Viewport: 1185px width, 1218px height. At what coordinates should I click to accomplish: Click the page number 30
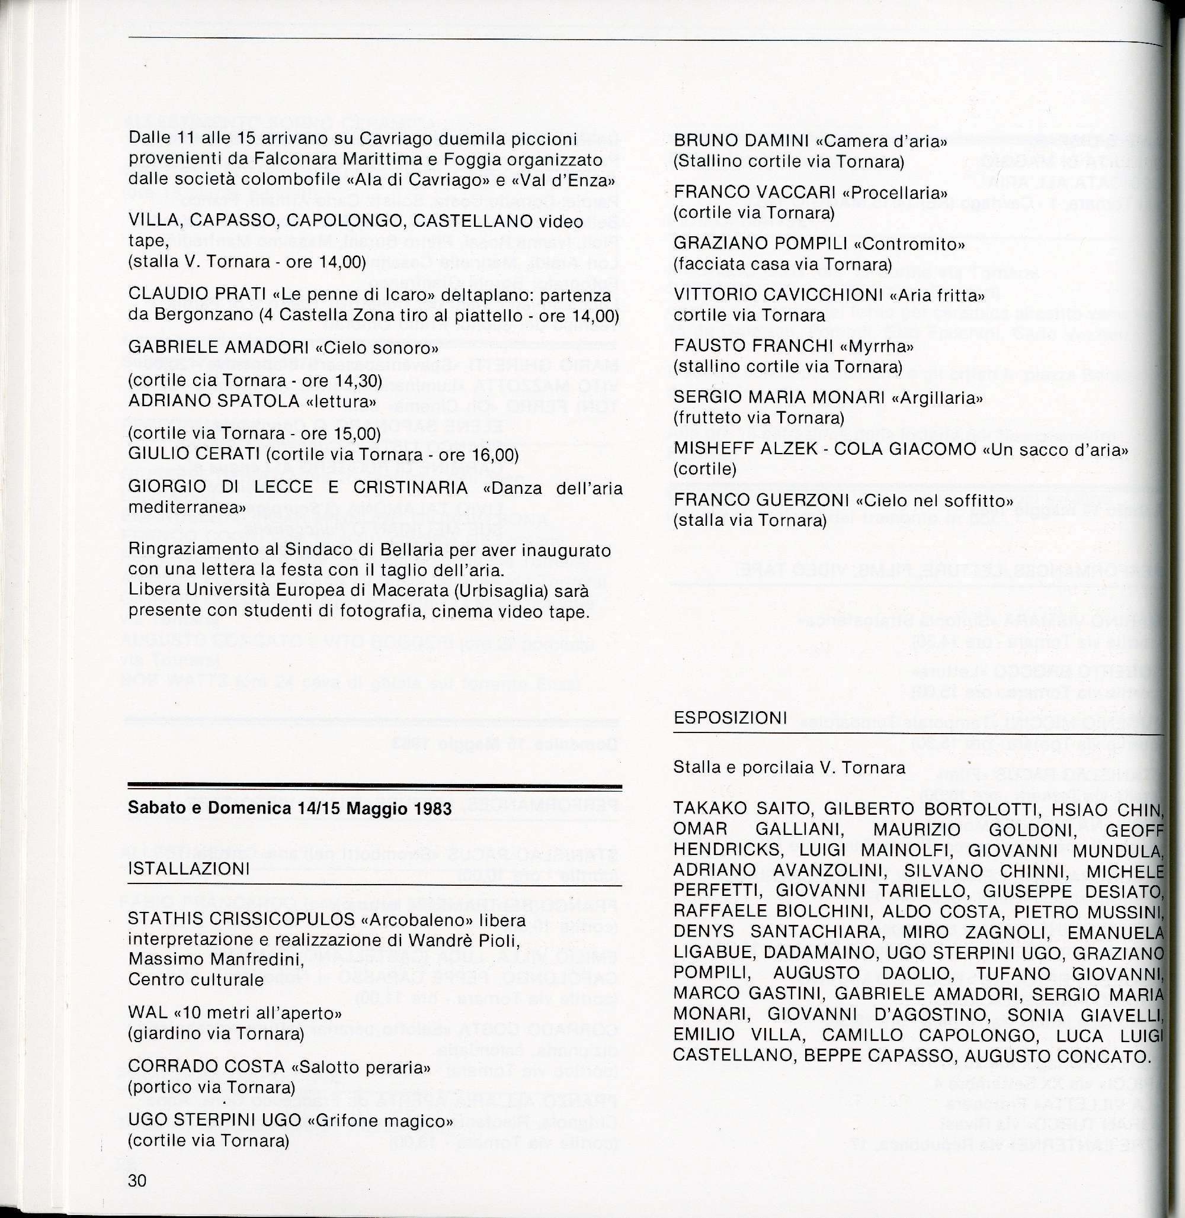tap(137, 1180)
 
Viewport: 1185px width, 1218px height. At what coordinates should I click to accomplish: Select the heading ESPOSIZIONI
tap(731, 717)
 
